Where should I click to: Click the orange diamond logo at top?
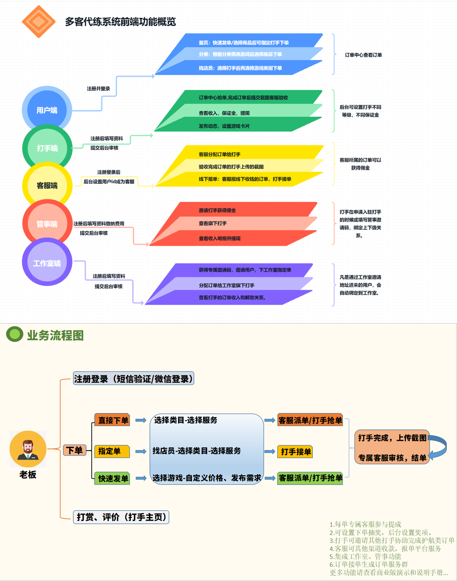(x=39, y=22)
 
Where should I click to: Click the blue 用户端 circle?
(x=47, y=110)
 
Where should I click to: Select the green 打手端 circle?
(x=47, y=148)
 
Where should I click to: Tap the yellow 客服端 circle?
(x=47, y=185)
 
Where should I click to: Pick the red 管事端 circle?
(x=47, y=224)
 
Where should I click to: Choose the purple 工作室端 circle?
(x=47, y=263)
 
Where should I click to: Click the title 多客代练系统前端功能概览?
(x=120, y=22)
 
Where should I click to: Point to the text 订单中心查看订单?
(x=363, y=55)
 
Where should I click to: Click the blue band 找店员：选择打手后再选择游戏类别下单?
(x=240, y=68)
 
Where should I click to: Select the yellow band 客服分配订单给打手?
(x=220, y=154)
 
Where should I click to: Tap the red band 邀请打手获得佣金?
(x=217, y=210)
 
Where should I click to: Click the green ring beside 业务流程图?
(x=15, y=334)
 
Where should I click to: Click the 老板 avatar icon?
(x=28, y=449)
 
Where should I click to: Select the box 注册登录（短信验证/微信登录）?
(x=134, y=379)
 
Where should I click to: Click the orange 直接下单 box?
(x=112, y=420)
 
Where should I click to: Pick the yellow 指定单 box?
(x=112, y=451)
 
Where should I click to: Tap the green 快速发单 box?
(x=112, y=479)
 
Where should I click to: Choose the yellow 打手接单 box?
(x=295, y=452)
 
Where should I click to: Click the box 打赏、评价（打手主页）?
(x=121, y=517)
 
